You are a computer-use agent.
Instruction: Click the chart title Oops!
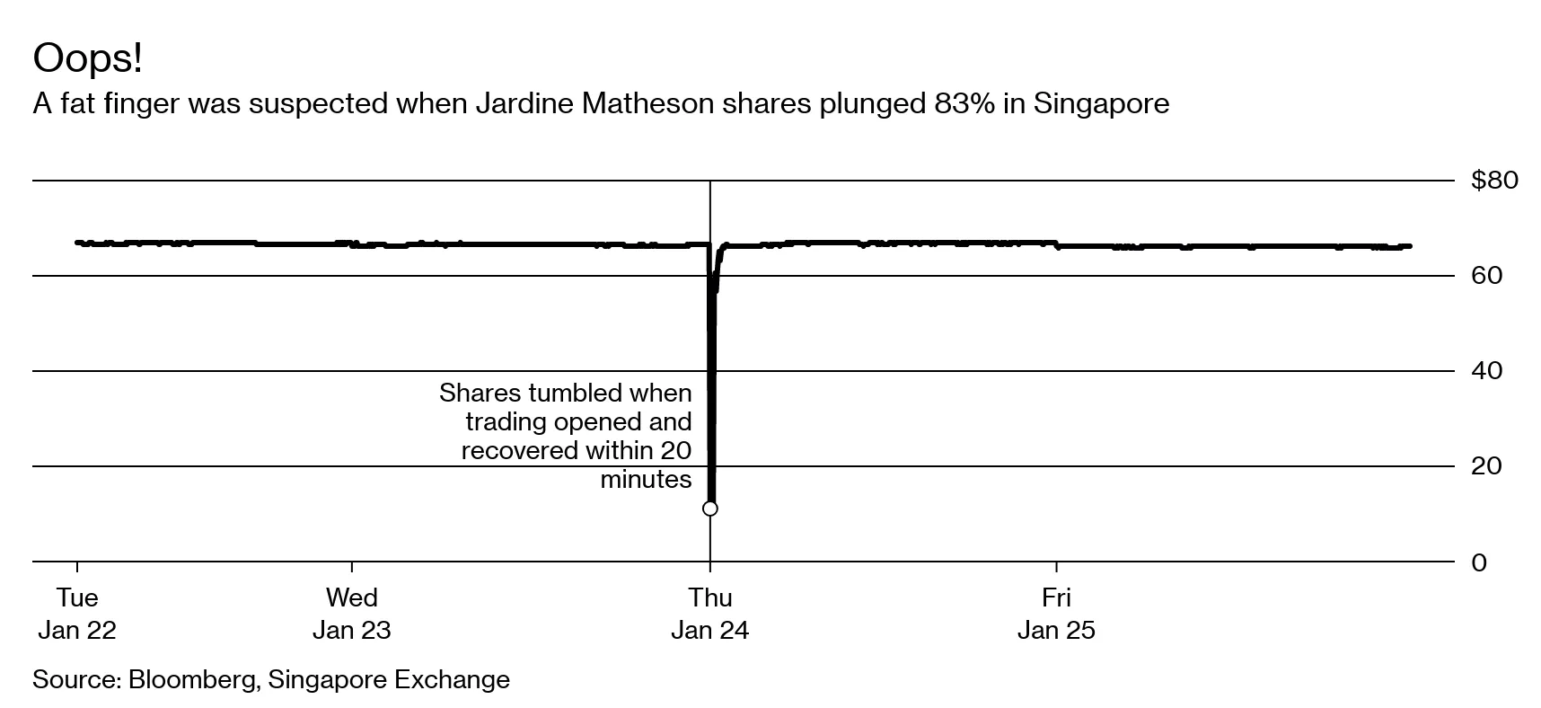coord(87,59)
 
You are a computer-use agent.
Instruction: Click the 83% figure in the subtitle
coord(964,104)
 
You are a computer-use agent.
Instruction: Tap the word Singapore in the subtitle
coord(1101,104)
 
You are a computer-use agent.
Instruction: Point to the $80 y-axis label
coord(1493,181)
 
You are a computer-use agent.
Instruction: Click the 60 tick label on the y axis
coord(1486,276)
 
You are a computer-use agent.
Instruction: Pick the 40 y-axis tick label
coord(1486,371)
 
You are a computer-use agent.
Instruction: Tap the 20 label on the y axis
coord(1486,466)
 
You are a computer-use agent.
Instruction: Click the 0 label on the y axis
coord(1479,563)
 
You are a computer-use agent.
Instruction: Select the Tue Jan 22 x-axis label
coord(77,614)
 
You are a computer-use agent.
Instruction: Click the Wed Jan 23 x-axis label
coord(351,614)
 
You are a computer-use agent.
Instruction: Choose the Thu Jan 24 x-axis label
coord(709,614)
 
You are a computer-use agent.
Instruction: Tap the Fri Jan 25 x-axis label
coord(1056,614)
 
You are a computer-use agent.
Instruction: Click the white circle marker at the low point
coord(709,509)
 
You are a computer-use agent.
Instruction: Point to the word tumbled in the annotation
coord(576,394)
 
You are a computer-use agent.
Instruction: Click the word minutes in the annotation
coord(646,480)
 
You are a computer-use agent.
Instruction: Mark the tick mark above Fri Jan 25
coord(1056,568)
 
